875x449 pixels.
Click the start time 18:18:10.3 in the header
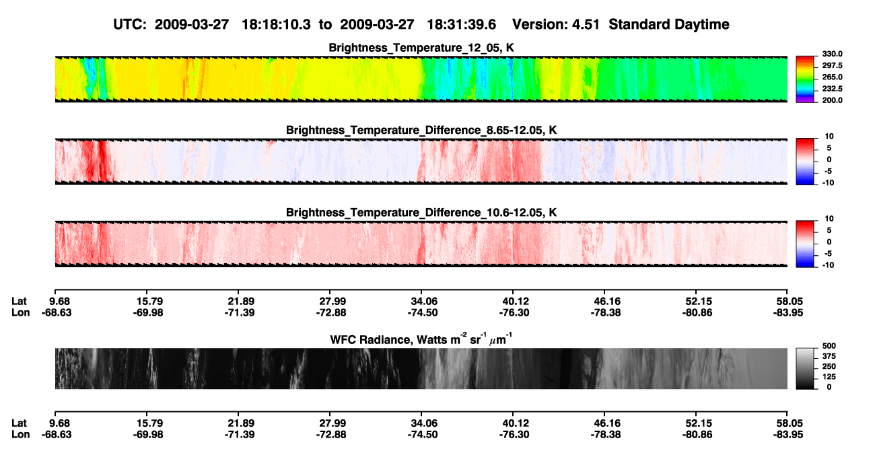276,25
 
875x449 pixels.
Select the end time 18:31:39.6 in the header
461,25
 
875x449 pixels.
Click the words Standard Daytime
669,25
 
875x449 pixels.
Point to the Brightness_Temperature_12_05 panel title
421,48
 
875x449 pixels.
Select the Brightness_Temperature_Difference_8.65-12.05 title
421,130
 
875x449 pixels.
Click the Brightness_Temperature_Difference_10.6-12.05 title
421,213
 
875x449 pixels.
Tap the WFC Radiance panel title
421,339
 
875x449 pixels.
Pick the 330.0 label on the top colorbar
832,54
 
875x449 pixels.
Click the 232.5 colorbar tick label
832,89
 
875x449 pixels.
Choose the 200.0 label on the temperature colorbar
832,100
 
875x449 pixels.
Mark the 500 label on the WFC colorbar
829,346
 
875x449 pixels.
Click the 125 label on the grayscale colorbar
829,377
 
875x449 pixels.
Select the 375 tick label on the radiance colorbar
829,356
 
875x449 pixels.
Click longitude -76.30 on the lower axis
514,435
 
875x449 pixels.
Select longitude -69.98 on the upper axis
148,312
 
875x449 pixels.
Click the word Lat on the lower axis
19,423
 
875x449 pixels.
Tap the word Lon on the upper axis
20,312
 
